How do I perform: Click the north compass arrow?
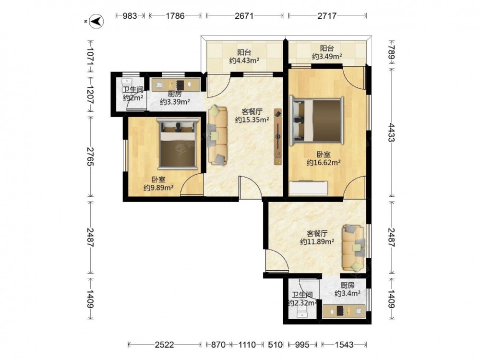(x=97, y=22)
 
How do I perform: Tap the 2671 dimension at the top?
(x=244, y=16)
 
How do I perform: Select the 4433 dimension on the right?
(x=391, y=132)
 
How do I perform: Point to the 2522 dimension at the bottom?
(x=164, y=345)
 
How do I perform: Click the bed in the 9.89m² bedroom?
(x=178, y=143)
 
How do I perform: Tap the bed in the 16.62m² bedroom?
(x=316, y=120)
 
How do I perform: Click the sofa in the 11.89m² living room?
(x=354, y=248)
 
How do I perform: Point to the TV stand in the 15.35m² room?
(x=278, y=136)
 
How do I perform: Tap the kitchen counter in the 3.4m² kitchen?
(x=344, y=312)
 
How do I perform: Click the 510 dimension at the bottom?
(x=275, y=345)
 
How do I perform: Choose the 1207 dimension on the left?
(x=91, y=96)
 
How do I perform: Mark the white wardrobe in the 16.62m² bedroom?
(x=309, y=188)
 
